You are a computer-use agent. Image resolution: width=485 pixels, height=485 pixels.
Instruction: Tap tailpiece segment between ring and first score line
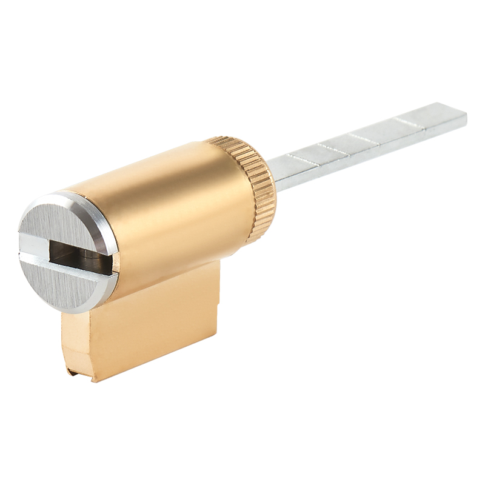(285, 164)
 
